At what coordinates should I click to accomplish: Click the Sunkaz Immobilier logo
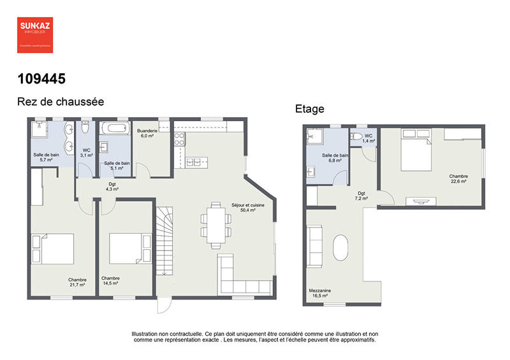tap(34, 34)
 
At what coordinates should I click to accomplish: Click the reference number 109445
tap(41, 79)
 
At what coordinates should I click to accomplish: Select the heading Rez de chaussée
tap(60, 101)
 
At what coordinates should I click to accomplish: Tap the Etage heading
tap(309, 109)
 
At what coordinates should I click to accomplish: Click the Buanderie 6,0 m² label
tap(147, 133)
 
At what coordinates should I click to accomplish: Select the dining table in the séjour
tap(214, 225)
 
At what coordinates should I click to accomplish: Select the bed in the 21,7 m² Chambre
tap(53, 249)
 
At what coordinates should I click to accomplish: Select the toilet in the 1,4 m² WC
tap(357, 136)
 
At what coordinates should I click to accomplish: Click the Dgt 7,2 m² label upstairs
tap(361, 196)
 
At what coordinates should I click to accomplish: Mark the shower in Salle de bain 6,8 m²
tap(315, 138)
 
